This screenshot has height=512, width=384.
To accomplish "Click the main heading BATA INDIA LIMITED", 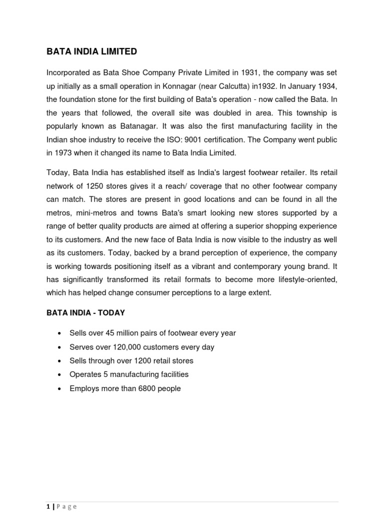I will (91, 51).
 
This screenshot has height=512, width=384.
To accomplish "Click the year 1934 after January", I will (326, 86).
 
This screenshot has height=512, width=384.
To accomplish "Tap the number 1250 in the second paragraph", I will (95, 186).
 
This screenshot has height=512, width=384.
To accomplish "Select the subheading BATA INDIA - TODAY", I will (85, 313).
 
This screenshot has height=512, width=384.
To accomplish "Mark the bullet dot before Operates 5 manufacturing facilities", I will (60, 374).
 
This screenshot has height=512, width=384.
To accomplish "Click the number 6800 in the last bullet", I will (139, 388).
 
